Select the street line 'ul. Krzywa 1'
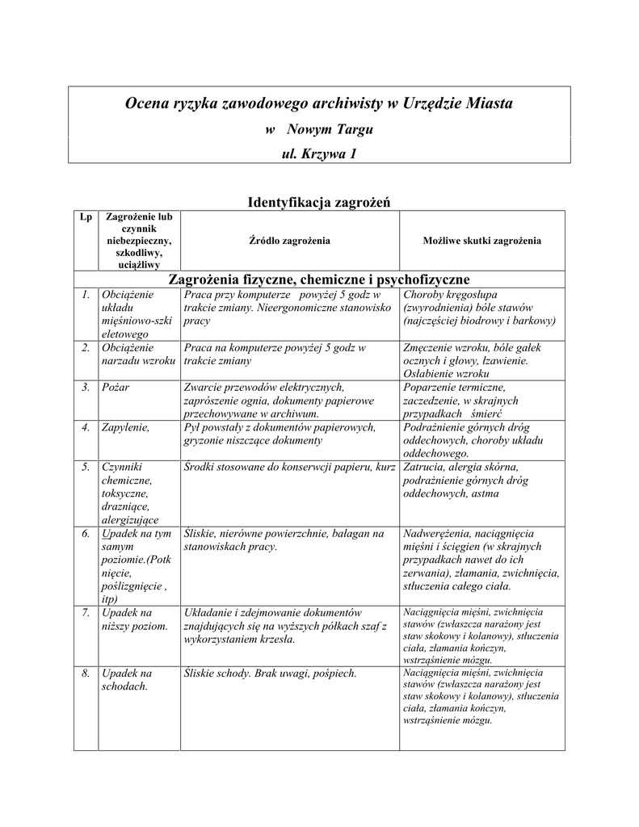318,153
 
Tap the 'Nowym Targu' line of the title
319,129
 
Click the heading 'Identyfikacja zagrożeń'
318,202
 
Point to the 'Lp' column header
85,217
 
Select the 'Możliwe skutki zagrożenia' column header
481,241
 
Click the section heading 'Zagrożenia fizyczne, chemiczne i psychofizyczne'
318,279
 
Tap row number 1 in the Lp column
86,295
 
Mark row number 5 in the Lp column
86,467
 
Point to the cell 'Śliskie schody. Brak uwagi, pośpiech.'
270,673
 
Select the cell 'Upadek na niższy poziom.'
134,619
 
